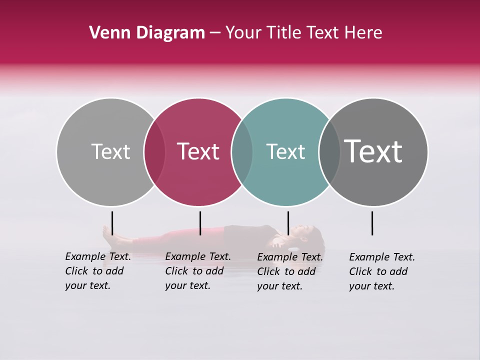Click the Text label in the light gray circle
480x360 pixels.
110,151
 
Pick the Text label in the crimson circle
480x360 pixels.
198,151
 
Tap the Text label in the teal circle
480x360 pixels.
285,151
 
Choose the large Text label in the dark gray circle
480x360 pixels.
373,151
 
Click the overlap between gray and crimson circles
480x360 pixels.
154,152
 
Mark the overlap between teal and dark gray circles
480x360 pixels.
329,152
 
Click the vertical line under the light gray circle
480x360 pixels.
112,223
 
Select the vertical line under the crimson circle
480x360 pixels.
200,223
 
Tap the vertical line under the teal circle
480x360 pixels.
288,223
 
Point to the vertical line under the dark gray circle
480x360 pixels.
372,223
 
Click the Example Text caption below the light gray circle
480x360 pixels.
98,271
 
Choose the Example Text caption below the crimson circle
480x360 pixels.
198,271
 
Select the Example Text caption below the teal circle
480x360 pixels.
290,271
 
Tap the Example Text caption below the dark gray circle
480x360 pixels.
382,271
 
